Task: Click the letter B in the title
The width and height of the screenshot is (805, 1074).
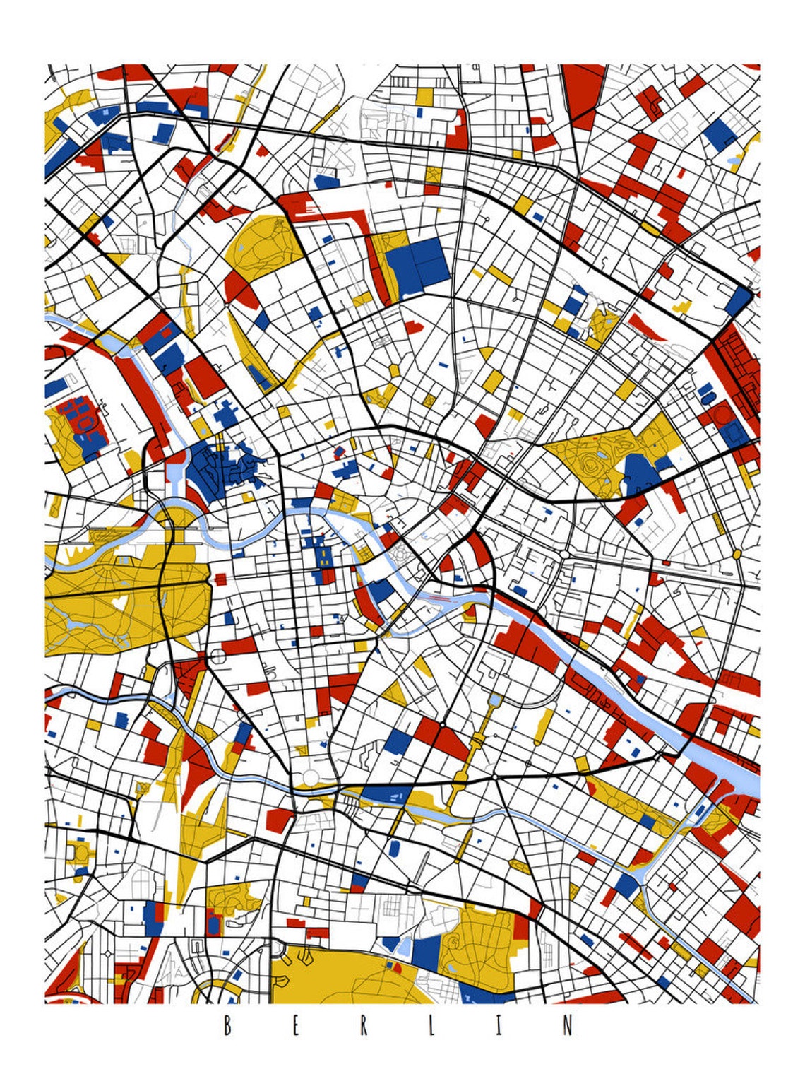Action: (x=227, y=1025)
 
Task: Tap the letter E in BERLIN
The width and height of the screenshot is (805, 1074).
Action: (x=295, y=1025)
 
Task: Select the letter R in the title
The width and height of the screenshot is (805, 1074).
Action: (x=364, y=1025)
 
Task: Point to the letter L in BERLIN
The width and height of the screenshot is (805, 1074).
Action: (x=431, y=1025)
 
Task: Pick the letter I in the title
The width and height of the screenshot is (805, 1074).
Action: (x=499, y=1025)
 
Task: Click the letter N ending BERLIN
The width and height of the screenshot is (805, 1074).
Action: (x=568, y=1025)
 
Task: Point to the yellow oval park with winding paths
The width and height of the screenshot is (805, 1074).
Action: (x=258, y=241)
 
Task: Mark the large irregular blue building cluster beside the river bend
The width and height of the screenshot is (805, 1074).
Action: (x=215, y=467)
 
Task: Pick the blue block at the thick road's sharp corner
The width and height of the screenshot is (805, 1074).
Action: (x=739, y=300)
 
